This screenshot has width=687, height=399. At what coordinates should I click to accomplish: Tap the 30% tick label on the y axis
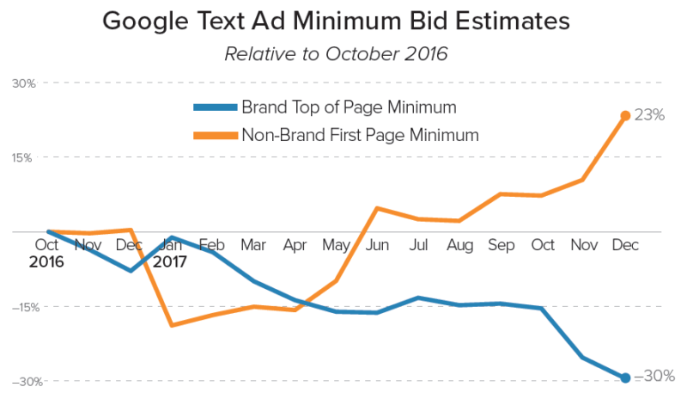click(23, 83)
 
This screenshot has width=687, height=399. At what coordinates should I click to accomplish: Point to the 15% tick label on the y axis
click(23, 158)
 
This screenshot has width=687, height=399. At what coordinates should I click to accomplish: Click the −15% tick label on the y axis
click(21, 307)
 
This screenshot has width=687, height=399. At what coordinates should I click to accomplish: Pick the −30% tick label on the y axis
click(21, 382)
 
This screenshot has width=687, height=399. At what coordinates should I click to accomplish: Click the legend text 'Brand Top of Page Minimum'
click(348, 107)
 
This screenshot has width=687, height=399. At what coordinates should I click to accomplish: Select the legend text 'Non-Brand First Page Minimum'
click(360, 134)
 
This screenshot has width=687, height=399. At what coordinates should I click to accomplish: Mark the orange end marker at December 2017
click(626, 115)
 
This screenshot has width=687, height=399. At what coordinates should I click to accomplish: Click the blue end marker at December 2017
click(626, 378)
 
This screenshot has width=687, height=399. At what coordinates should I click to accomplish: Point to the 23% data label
click(649, 115)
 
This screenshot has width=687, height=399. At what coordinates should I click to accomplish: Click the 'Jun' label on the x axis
click(378, 246)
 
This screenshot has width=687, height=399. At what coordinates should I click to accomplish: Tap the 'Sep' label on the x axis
click(502, 246)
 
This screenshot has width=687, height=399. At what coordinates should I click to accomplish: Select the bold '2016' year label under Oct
click(46, 261)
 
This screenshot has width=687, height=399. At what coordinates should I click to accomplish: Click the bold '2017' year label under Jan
click(171, 261)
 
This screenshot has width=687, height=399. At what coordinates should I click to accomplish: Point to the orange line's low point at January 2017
click(172, 325)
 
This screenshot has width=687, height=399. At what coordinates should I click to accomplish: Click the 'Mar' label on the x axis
click(254, 246)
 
